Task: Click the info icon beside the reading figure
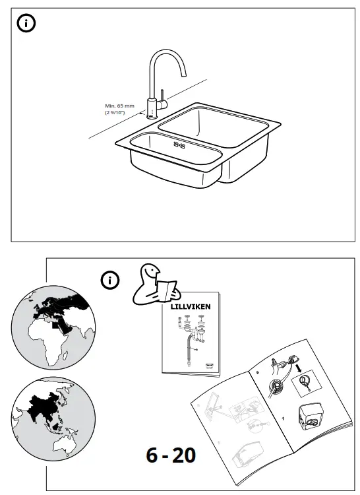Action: tap(109, 280)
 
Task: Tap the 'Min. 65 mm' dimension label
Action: tap(119, 106)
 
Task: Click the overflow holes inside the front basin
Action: tap(180, 143)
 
